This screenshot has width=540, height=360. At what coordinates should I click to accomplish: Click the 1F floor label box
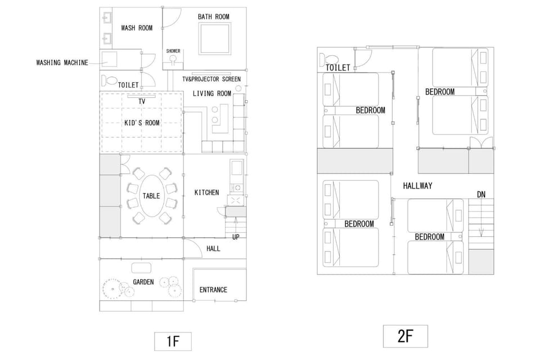[173, 341]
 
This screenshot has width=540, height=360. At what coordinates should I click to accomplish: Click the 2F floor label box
[406, 336]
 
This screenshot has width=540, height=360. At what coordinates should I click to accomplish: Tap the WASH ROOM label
[137, 28]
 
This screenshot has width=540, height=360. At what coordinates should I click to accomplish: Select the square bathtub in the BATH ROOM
[214, 38]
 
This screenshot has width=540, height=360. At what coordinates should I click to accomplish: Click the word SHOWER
[173, 51]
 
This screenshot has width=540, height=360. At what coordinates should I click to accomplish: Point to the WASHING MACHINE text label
[62, 62]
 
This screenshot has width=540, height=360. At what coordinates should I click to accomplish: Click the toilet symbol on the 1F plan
[109, 80]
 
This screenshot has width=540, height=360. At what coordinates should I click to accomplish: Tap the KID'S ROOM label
[142, 123]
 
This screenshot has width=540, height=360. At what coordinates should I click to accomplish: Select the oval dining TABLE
[151, 196]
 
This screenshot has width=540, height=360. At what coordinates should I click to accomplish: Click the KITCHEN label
[206, 192]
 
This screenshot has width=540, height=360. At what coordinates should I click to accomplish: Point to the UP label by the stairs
[236, 237]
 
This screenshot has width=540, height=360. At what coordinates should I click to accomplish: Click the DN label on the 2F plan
[481, 195]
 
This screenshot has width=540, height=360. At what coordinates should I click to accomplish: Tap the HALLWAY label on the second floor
[418, 186]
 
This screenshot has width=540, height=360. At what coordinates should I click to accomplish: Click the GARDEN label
[143, 282]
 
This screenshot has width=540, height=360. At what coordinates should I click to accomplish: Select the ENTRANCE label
[214, 290]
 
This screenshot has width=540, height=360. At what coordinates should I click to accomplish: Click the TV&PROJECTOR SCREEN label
[211, 79]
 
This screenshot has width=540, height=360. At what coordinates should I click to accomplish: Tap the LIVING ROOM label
[212, 93]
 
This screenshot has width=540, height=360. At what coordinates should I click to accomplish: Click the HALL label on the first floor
[213, 249]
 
